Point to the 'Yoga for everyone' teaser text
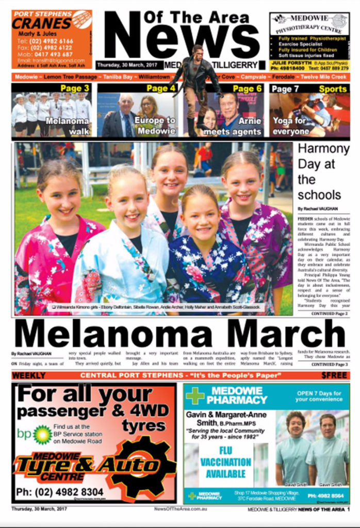(x=291, y=126)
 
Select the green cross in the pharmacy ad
(x=195, y=395)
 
